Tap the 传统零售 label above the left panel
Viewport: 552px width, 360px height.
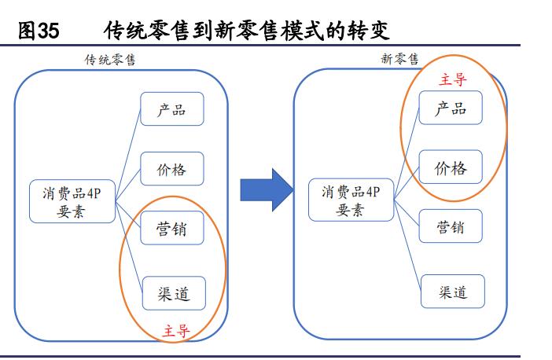click(110, 60)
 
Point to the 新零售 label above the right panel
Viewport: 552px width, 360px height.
click(399, 59)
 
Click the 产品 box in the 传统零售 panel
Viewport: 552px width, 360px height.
click(171, 109)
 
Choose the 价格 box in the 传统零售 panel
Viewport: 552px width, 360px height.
click(171, 168)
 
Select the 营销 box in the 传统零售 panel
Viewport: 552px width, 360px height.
click(171, 228)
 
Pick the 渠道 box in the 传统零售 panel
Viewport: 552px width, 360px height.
click(171, 293)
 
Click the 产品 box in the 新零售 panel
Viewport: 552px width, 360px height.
click(450, 108)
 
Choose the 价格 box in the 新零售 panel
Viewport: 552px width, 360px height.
click(450, 167)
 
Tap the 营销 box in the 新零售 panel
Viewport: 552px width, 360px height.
click(451, 228)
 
